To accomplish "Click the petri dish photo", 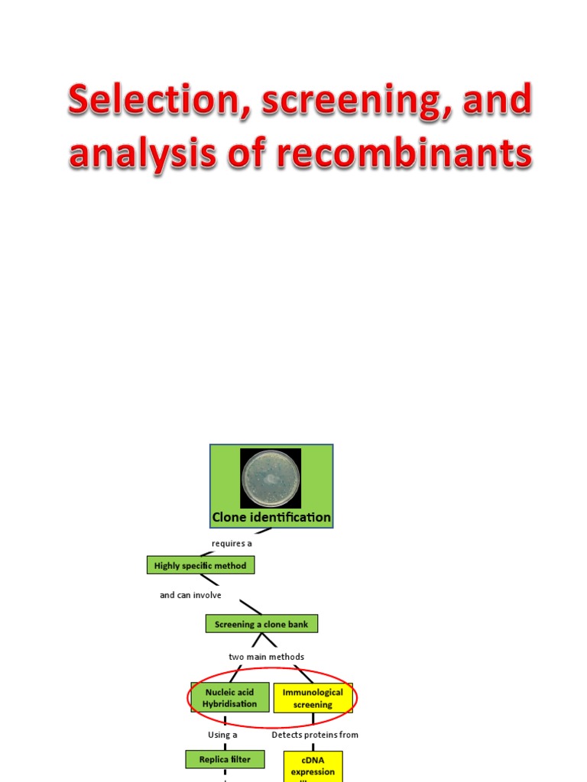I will [x=271, y=478].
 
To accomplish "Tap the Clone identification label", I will [x=271, y=518].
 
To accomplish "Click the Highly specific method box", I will [x=200, y=566].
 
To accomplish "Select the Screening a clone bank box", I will [x=261, y=624].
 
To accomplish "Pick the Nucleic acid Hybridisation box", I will [x=231, y=698].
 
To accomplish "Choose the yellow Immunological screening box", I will [x=313, y=698].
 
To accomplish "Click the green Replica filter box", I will [x=225, y=759].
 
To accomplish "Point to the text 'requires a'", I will [x=232, y=544].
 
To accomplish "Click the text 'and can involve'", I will [x=190, y=595].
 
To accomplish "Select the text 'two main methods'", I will [x=266, y=657].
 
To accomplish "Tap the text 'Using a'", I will [x=223, y=735].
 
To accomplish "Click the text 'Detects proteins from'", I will [x=315, y=735].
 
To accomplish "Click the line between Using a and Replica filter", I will [x=225, y=745].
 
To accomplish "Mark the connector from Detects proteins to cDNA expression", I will [x=313, y=745].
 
